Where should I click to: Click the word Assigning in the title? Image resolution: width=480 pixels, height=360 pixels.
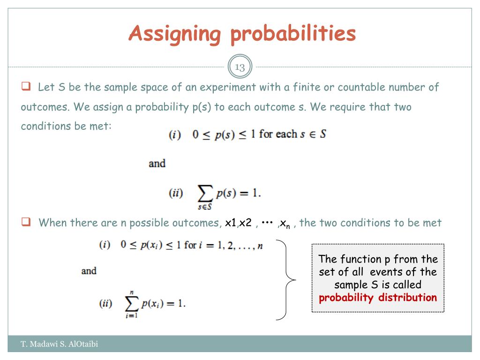(174, 34)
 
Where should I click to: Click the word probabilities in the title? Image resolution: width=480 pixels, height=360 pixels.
(293, 34)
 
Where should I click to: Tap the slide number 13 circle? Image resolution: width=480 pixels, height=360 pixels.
(240, 67)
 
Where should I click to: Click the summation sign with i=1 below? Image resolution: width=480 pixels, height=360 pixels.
(131, 303)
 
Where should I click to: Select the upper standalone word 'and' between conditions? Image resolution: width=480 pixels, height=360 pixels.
(157, 164)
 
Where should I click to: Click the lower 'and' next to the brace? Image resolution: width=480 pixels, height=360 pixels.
(89, 271)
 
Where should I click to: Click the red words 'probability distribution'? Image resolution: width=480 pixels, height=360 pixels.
(378, 298)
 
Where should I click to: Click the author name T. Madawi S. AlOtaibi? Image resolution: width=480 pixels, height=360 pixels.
(60, 345)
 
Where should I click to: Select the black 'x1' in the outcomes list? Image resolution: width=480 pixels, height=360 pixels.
(231, 223)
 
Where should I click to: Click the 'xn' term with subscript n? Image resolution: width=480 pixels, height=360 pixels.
(285, 223)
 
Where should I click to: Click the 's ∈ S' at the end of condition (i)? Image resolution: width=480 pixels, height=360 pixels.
(314, 134)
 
